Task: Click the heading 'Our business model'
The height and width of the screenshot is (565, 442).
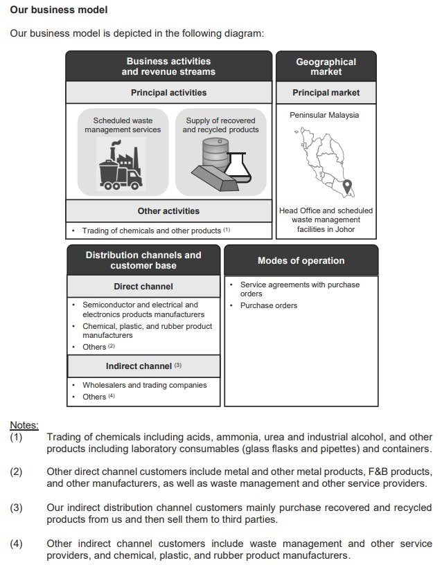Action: click(x=58, y=10)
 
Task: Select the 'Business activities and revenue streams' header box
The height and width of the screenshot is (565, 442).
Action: click(x=168, y=66)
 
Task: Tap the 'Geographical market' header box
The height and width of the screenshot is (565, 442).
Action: click(x=326, y=66)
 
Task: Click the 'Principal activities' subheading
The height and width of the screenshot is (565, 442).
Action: click(x=168, y=92)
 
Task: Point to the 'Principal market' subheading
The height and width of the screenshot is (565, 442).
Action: click(x=326, y=92)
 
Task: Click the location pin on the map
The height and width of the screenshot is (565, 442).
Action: click(x=348, y=187)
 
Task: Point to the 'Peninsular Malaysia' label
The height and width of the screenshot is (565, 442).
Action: click(x=324, y=115)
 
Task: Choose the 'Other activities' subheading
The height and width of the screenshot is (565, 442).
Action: click(x=168, y=210)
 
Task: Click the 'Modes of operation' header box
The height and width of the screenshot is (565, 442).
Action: click(x=301, y=260)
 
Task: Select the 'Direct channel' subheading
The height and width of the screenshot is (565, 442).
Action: click(x=143, y=286)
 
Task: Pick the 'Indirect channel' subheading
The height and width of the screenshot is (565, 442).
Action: click(x=143, y=366)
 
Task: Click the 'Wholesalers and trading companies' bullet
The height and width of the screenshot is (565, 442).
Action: click(x=144, y=385)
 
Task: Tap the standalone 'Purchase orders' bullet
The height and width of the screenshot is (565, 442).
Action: click(x=269, y=305)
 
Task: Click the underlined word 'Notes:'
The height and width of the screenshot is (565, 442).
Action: click(x=24, y=424)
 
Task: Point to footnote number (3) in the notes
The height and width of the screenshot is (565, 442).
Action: click(x=16, y=508)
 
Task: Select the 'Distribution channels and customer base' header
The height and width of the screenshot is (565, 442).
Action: click(x=143, y=260)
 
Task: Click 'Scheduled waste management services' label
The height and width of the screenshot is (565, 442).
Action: click(x=123, y=125)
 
